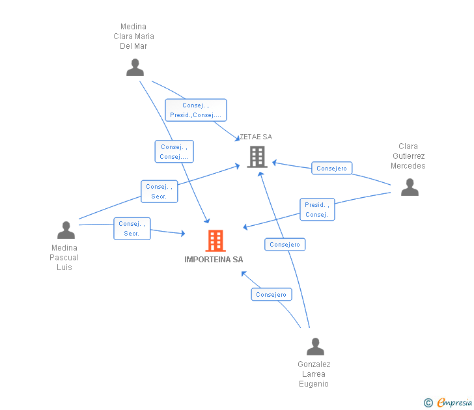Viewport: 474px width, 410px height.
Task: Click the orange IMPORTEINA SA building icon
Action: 216,241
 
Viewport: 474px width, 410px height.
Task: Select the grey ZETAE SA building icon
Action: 257,157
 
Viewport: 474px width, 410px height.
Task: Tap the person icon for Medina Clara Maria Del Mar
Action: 135,68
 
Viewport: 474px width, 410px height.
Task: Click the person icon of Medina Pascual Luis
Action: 66,230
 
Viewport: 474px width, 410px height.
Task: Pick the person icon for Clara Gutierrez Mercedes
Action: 410,187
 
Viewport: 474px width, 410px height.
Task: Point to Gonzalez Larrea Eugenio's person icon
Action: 315,346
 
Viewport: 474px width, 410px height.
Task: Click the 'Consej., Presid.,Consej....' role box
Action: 196,110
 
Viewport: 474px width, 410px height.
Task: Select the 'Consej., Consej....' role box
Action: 174,152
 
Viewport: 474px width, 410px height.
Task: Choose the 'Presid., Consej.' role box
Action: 317,210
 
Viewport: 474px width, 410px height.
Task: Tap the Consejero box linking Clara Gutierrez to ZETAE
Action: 331,168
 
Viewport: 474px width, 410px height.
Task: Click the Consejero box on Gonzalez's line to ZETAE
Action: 285,245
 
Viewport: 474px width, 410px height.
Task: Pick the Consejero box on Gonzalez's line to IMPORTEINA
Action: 272,294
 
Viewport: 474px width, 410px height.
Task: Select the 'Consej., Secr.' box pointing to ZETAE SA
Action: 160,191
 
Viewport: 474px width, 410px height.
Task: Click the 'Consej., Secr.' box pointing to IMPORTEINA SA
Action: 132,228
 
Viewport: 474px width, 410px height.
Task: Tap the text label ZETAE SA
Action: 256,137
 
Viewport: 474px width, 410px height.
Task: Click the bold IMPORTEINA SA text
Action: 214,260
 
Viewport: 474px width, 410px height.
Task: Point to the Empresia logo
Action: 448,402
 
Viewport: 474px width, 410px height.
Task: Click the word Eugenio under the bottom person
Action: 314,384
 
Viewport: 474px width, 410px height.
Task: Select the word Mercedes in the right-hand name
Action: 408,166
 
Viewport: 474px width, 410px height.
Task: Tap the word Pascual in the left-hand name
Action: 64,258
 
